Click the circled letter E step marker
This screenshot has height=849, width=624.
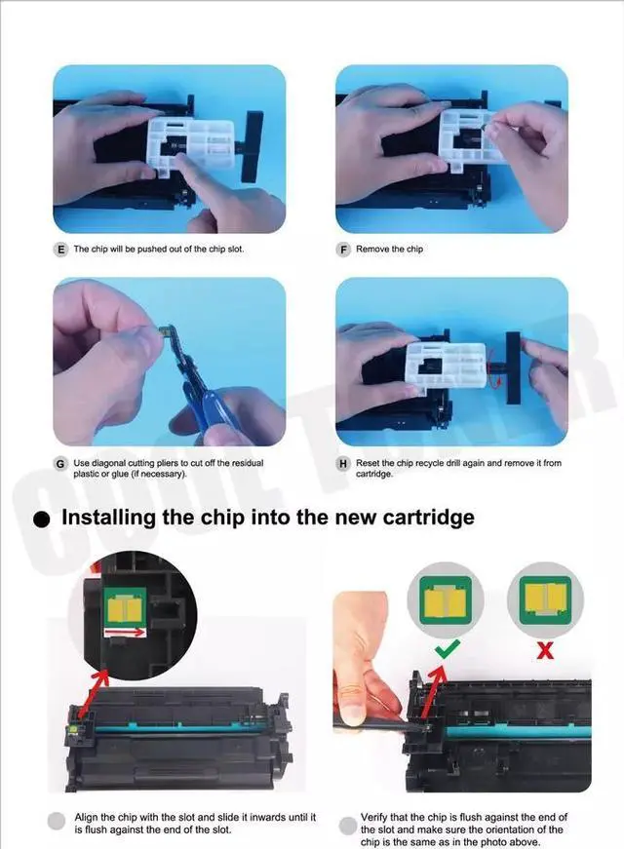[61, 250]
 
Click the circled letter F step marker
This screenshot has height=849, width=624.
[343, 250]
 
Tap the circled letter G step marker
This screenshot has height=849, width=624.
[61, 463]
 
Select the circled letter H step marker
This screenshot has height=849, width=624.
[343, 463]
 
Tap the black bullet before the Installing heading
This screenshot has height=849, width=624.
[41, 520]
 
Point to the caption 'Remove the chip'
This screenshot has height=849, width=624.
[389, 250]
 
